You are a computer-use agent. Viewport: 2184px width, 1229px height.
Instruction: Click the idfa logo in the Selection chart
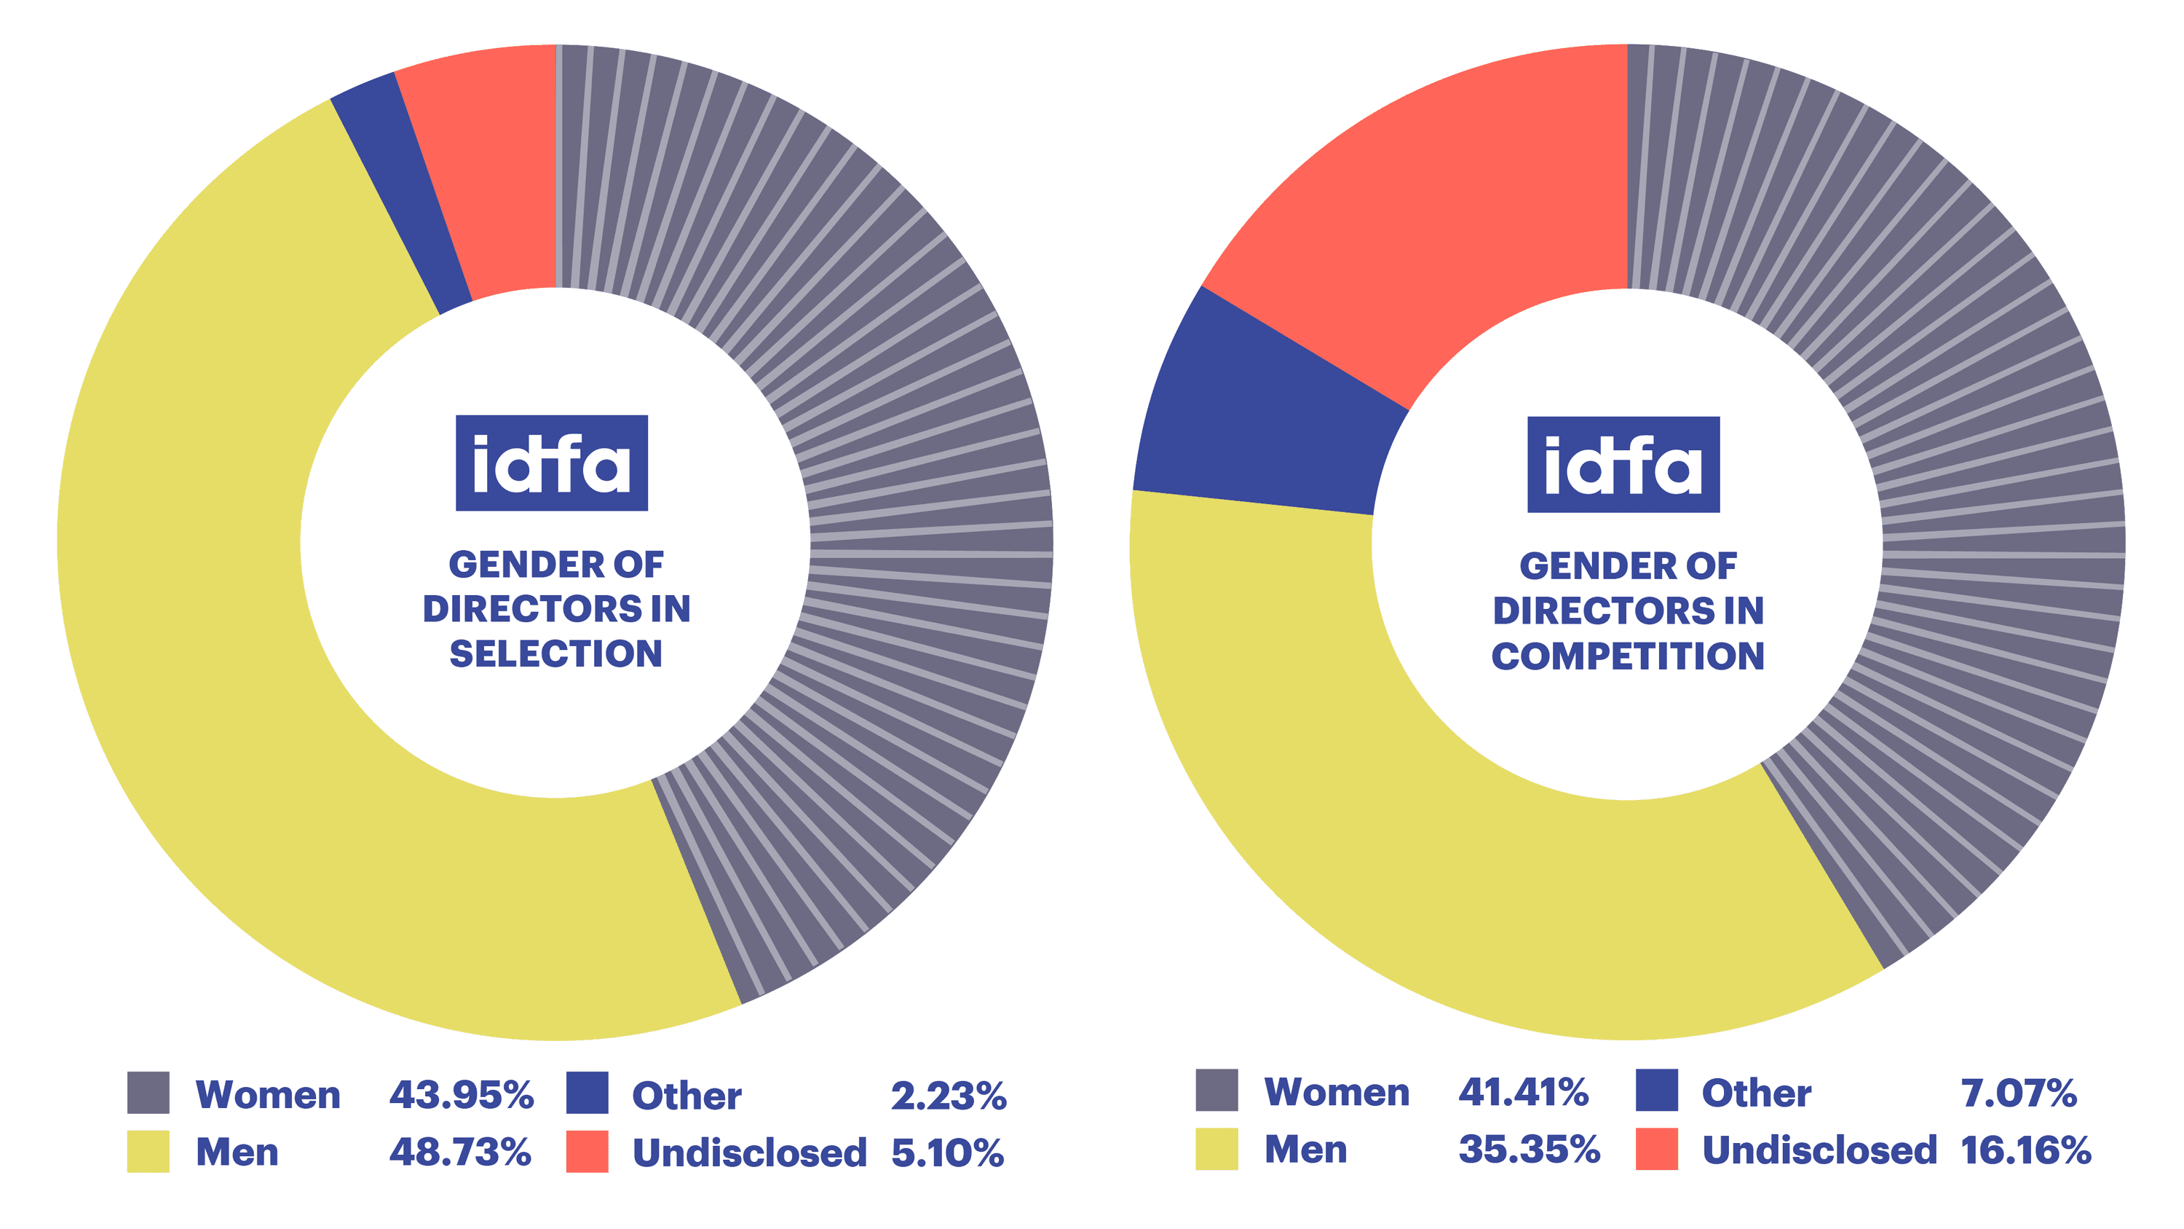pyautogui.click(x=551, y=463)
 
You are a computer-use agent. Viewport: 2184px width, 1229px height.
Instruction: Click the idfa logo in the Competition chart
pyautogui.click(x=1623, y=464)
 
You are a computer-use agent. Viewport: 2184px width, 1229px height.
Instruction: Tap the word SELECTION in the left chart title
pyautogui.click(x=555, y=653)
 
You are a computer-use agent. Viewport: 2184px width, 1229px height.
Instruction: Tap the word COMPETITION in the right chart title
pyautogui.click(x=1628, y=656)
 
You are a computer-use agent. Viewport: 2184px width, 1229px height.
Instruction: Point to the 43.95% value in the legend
pyautogui.click(x=462, y=1094)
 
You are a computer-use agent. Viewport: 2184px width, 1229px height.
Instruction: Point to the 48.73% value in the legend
pyautogui.click(x=459, y=1152)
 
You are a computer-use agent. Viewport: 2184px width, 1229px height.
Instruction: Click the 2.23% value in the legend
pyautogui.click(x=948, y=1095)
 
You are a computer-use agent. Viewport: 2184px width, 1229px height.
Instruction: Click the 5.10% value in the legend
pyautogui.click(x=947, y=1153)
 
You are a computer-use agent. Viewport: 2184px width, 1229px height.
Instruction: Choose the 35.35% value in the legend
pyautogui.click(x=1529, y=1150)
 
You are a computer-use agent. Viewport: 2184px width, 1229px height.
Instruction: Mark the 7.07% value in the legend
pyautogui.click(x=2018, y=1093)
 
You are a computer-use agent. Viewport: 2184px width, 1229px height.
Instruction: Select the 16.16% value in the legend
pyautogui.click(x=2025, y=1150)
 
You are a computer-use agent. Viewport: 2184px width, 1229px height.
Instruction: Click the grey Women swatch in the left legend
pyautogui.click(x=148, y=1093)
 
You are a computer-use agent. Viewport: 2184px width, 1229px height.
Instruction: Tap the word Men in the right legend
pyautogui.click(x=1305, y=1150)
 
